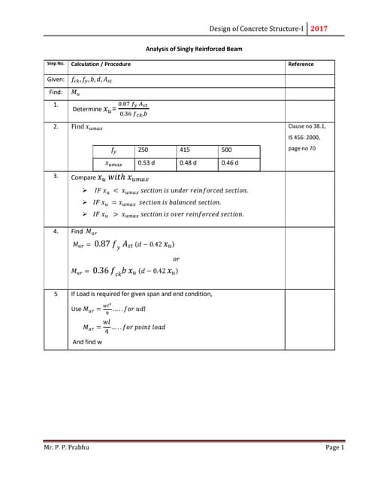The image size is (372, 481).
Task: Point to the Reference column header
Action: click(301, 65)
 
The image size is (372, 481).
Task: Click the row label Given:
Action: click(56, 79)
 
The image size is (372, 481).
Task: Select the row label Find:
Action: click(54, 92)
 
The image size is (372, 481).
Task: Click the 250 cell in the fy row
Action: click(143, 150)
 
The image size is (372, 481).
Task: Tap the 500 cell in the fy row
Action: click(227, 150)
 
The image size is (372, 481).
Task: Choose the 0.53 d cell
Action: click(146, 162)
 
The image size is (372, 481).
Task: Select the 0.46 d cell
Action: click(230, 162)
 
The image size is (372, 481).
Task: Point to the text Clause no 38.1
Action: click(307, 126)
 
